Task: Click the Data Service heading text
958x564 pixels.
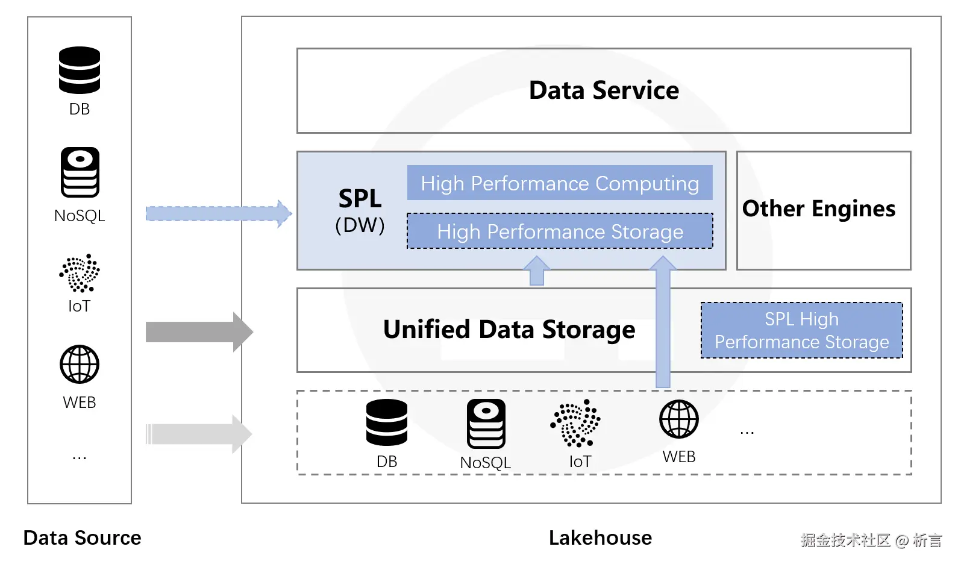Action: tap(604, 90)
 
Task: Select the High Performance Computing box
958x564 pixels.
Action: tap(560, 183)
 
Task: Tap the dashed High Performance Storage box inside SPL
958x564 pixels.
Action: tap(560, 231)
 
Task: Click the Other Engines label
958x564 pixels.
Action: tap(819, 208)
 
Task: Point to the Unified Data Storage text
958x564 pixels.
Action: tap(509, 330)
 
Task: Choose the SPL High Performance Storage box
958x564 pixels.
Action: tap(801, 330)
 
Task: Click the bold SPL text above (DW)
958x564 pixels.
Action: tap(360, 198)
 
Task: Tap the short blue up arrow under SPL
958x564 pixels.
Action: tap(536, 271)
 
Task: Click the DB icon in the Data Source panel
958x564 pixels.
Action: tap(80, 70)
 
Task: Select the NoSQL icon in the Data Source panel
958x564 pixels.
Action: tap(80, 172)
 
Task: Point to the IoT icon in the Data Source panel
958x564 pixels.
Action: tap(80, 273)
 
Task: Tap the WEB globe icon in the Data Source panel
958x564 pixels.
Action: tap(80, 365)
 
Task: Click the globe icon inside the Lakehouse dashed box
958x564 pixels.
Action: tap(679, 419)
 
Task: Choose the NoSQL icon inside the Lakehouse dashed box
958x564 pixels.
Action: tap(486, 424)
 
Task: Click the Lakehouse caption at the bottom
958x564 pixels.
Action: tap(600, 537)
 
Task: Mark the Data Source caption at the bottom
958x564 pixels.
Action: tap(82, 537)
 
